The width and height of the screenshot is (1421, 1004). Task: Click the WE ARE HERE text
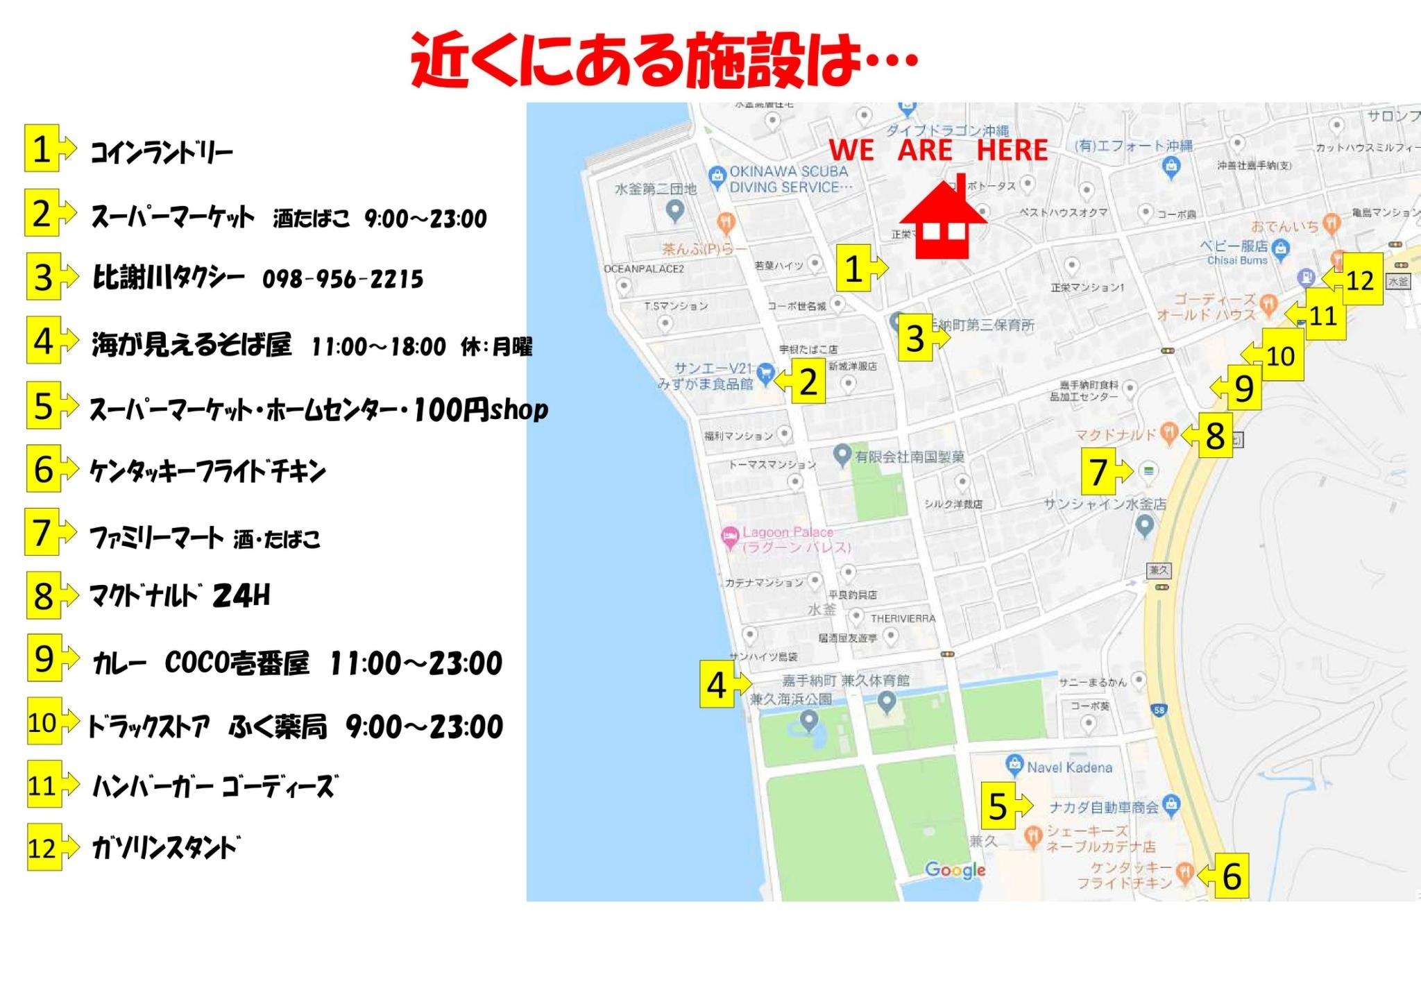point(938,150)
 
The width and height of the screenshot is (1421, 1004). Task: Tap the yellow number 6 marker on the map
point(1231,876)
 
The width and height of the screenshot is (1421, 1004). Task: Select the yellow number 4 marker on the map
point(717,685)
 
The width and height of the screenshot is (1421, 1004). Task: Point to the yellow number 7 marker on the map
point(1099,472)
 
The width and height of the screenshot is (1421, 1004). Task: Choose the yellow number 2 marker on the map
point(808,382)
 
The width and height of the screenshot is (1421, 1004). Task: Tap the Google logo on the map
point(955,869)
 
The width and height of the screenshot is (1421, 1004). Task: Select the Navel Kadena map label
point(1069,767)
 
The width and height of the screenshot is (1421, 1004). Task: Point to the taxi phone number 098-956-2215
point(343,279)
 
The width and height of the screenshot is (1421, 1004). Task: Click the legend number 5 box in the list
point(43,405)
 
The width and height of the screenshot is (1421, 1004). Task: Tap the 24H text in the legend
point(241,595)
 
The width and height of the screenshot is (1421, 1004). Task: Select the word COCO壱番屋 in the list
point(237,663)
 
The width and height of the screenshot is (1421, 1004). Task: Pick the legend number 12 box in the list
point(43,847)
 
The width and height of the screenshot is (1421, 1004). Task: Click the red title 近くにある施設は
point(664,60)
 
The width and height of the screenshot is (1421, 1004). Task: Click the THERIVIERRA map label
point(903,618)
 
